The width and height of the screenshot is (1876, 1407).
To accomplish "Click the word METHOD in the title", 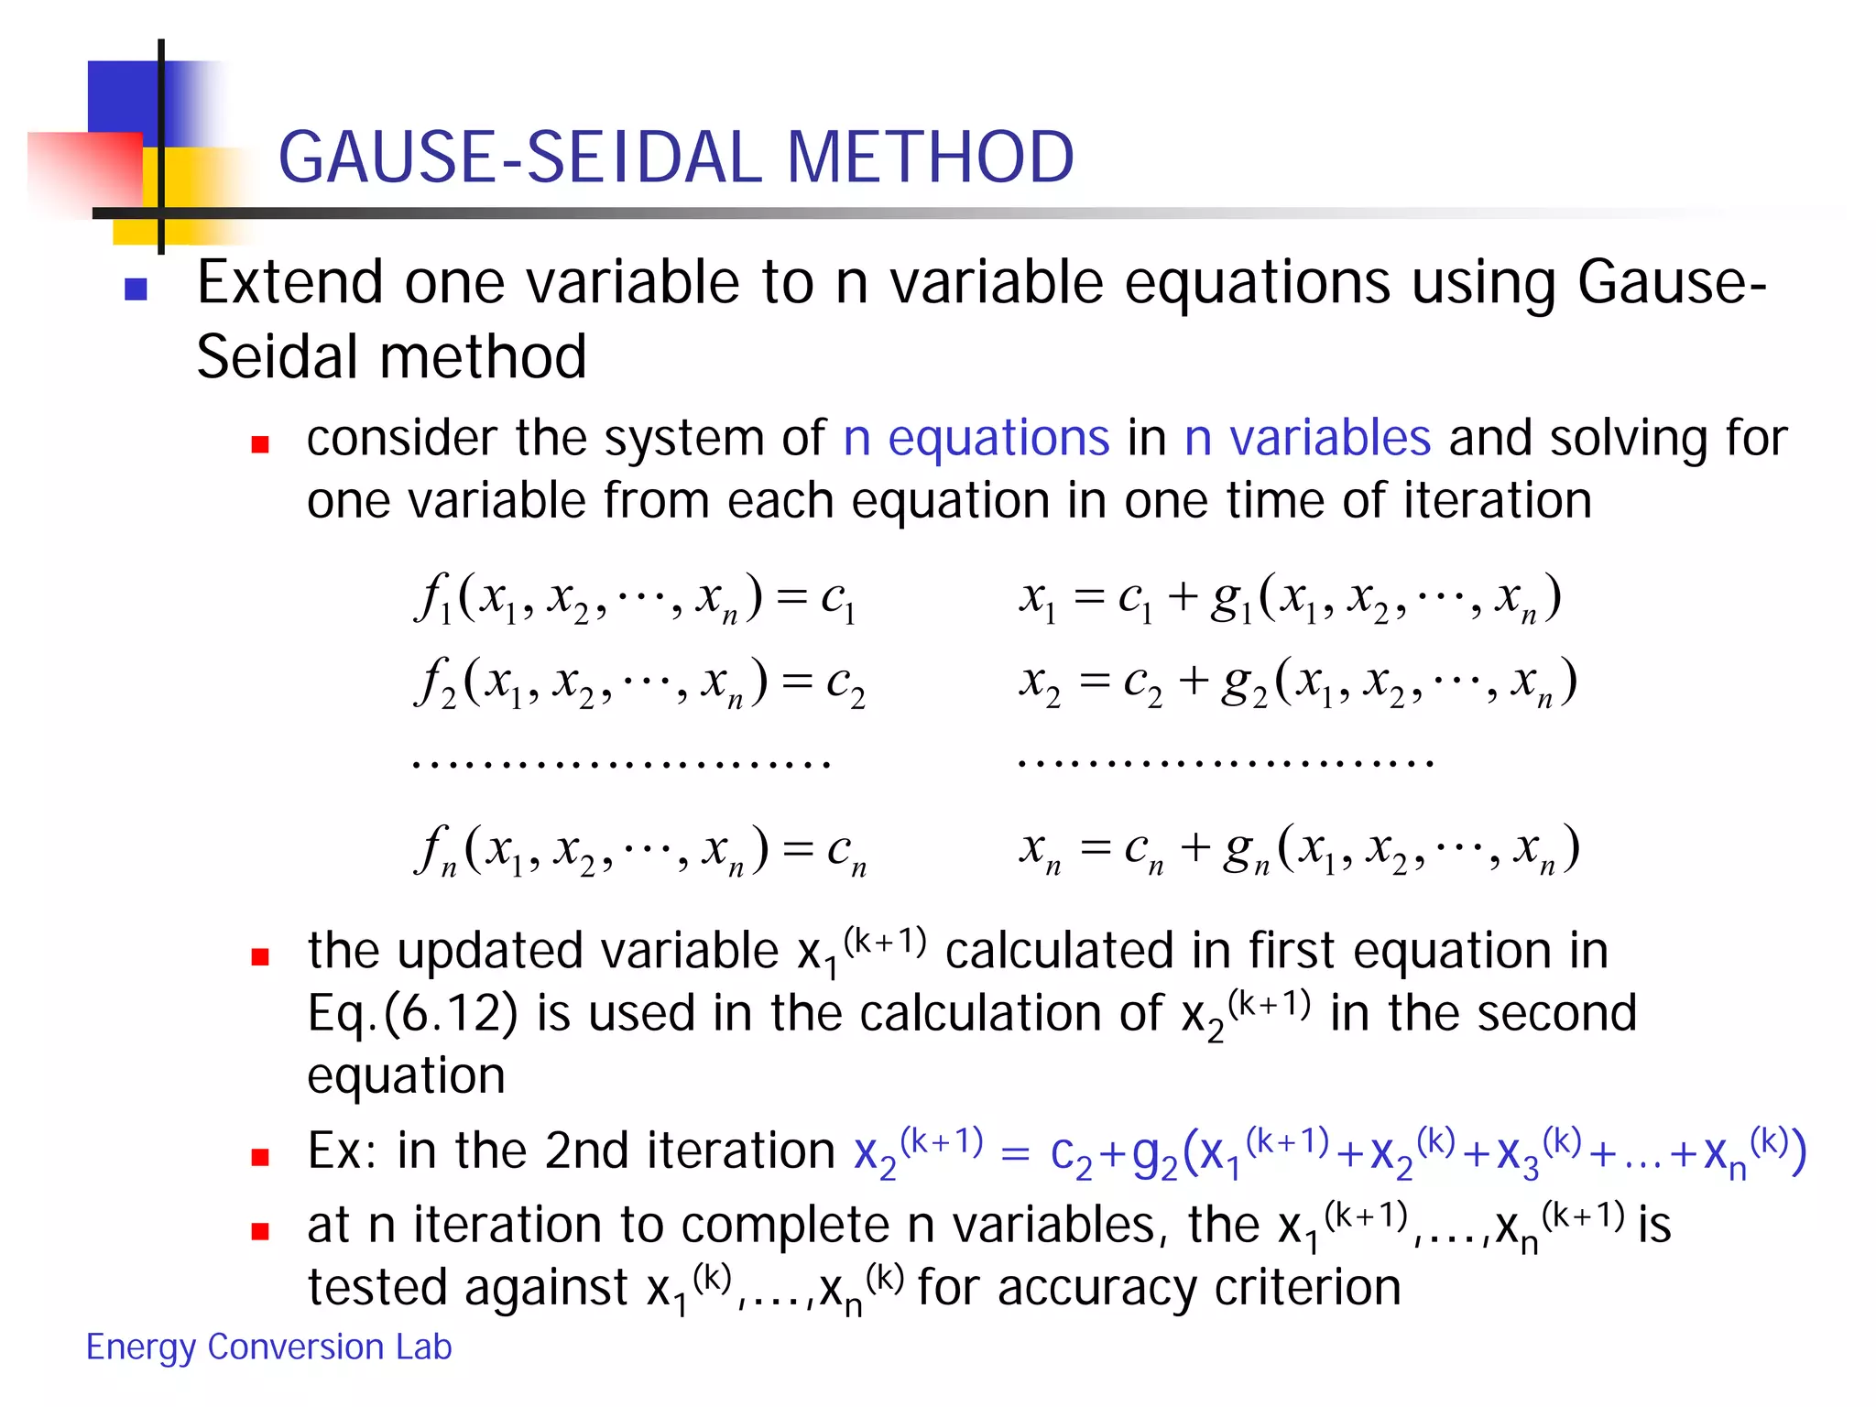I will pyautogui.click(x=930, y=157).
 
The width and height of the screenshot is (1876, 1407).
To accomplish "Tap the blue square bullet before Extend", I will pyautogui.click(x=136, y=289).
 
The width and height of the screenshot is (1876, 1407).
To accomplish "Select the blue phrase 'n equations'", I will pyautogui.click(x=976, y=438).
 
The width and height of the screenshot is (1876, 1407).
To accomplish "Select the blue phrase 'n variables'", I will pyautogui.click(x=1307, y=438).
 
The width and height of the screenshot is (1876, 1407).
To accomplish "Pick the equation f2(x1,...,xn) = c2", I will pyautogui.click(x=639, y=682).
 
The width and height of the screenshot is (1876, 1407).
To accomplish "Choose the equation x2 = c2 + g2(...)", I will pyautogui.click(x=1298, y=682).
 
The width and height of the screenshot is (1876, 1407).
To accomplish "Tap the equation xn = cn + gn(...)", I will pyautogui.click(x=1299, y=850).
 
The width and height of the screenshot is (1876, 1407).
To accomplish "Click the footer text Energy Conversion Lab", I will pyautogui.click(x=268, y=1347).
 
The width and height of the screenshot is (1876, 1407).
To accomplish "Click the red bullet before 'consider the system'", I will pyautogui.click(x=260, y=445).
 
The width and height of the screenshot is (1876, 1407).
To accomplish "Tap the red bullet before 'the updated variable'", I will pyautogui.click(x=260, y=957).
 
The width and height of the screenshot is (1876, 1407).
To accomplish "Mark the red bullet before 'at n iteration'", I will pyautogui.click(x=260, y=1231).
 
